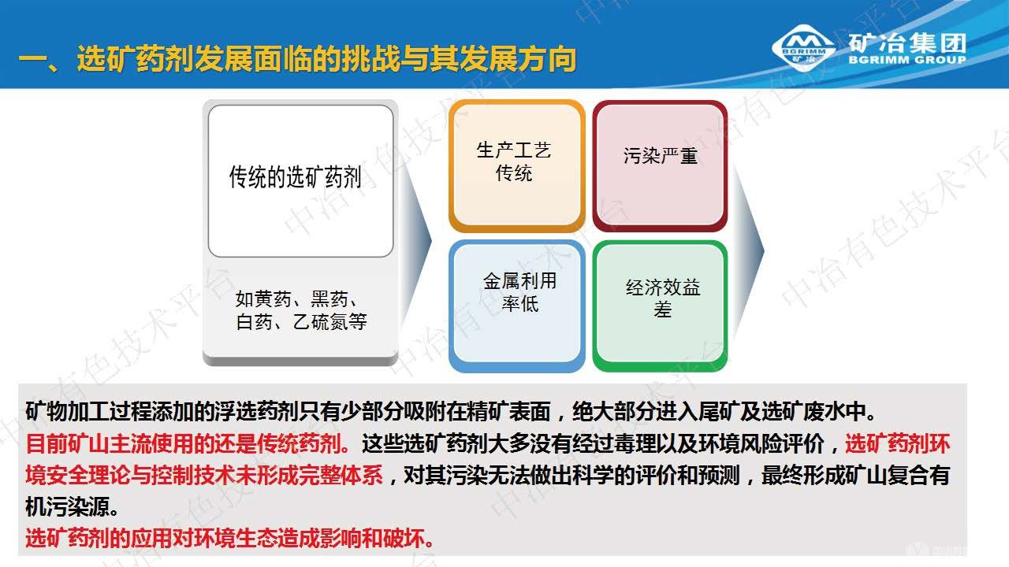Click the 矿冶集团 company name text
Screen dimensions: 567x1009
(907, 43)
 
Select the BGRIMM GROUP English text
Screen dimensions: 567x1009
(907, 60)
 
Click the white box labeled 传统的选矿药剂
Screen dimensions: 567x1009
(300, 180)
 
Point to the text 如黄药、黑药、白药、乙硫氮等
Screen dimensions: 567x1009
(300, 310)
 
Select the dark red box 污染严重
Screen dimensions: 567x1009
(660, 165)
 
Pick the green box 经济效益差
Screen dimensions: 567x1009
(660, 304)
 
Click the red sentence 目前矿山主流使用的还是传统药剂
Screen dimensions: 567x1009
(189, 443)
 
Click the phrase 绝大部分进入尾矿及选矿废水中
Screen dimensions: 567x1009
(724, 411)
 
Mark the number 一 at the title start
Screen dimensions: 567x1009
(32, 60)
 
